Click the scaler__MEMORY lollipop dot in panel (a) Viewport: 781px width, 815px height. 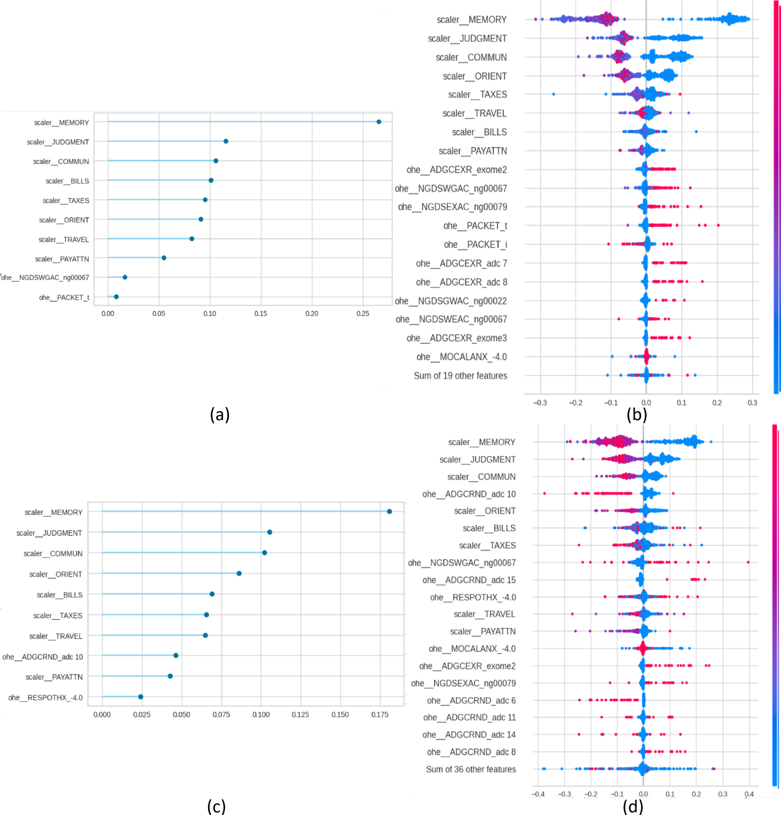point(379,122)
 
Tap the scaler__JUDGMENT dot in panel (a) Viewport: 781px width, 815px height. point(226,141)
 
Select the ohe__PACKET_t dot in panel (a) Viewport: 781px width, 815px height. point(116,297)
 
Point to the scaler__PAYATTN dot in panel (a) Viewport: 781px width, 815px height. point(164,258)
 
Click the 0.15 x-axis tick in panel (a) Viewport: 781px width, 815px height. point(261,313)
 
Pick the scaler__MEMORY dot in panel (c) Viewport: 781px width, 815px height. point(389,512)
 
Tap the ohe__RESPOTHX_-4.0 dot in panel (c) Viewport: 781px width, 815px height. point(141,697)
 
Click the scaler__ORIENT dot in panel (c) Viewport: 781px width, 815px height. point(239,573)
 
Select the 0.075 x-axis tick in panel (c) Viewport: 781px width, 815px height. point(221,714)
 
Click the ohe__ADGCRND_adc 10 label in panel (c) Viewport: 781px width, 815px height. point(42,657)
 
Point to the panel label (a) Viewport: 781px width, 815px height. point(220,414)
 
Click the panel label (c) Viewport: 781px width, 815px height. point(216,806)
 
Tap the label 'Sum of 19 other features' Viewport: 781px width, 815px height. point(460,376)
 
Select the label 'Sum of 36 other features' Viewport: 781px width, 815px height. point(471,769)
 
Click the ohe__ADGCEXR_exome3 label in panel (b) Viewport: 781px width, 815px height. point(456,338)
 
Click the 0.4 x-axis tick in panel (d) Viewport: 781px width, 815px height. point(749,794)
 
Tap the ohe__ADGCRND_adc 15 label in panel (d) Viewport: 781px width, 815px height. point(469,580)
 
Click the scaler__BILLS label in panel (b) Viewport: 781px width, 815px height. point(479,132)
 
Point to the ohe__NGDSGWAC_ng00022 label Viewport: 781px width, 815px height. point(451,301)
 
